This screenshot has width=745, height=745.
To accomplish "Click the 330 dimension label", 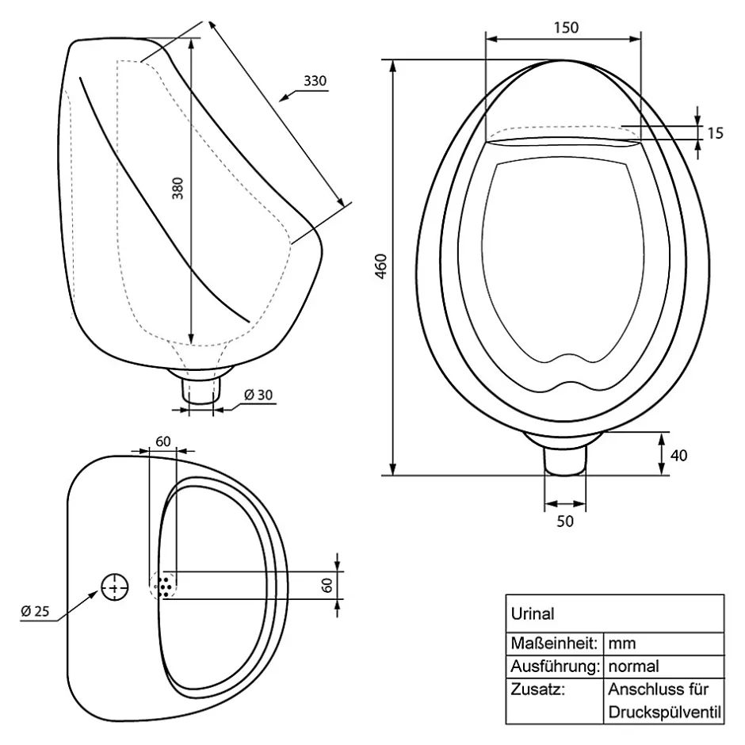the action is tap(315, 81).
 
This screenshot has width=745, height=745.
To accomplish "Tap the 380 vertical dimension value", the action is tap(178, 188).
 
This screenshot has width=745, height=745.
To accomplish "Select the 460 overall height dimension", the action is tap(382, 266).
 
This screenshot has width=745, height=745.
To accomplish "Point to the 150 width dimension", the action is tap(567, 28).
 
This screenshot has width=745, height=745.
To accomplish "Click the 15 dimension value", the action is tap(715, 133).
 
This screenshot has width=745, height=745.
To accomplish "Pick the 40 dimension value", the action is tap(678, 456).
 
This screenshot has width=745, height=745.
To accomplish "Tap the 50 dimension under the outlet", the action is tap(565, 521).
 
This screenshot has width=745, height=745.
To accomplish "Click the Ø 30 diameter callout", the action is tap(258, 395).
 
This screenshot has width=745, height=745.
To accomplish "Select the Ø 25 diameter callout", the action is tap(35, 611).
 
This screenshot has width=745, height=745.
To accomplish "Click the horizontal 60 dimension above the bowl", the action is tap(163, 441).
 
